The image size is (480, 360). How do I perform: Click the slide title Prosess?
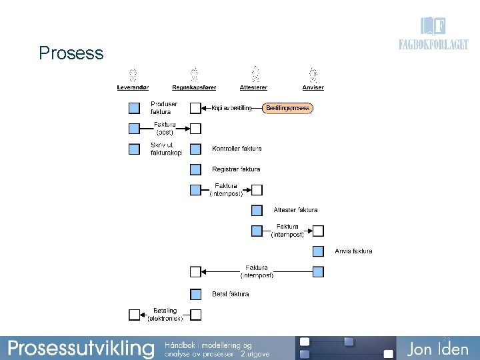[71, 53]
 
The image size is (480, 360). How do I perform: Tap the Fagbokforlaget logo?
[433, 35]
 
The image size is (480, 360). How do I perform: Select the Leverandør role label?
[133, 87]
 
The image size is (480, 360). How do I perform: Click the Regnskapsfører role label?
[194, 87]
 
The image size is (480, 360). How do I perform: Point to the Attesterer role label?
[253, 87]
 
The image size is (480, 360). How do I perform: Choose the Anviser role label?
[313, 87]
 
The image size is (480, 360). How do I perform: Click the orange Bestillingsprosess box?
[287, 108]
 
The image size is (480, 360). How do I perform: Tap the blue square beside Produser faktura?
[134, 108]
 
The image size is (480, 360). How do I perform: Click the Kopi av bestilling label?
[232, 108]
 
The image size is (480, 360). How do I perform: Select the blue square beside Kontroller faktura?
[195, 149]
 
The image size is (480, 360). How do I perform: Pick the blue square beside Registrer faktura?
[195, 169]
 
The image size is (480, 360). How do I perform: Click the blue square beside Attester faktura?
[257, 210]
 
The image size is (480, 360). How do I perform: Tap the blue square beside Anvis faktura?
[318, 251]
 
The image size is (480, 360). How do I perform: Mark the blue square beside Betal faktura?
[195, 294]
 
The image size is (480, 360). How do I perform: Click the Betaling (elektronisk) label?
[165, 314]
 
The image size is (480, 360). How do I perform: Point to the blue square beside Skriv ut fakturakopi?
[134, 149]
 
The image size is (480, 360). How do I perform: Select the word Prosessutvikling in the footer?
[80, 347]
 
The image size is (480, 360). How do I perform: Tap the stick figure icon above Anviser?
[313, 73]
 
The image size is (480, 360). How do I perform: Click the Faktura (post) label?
[164, 128]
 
